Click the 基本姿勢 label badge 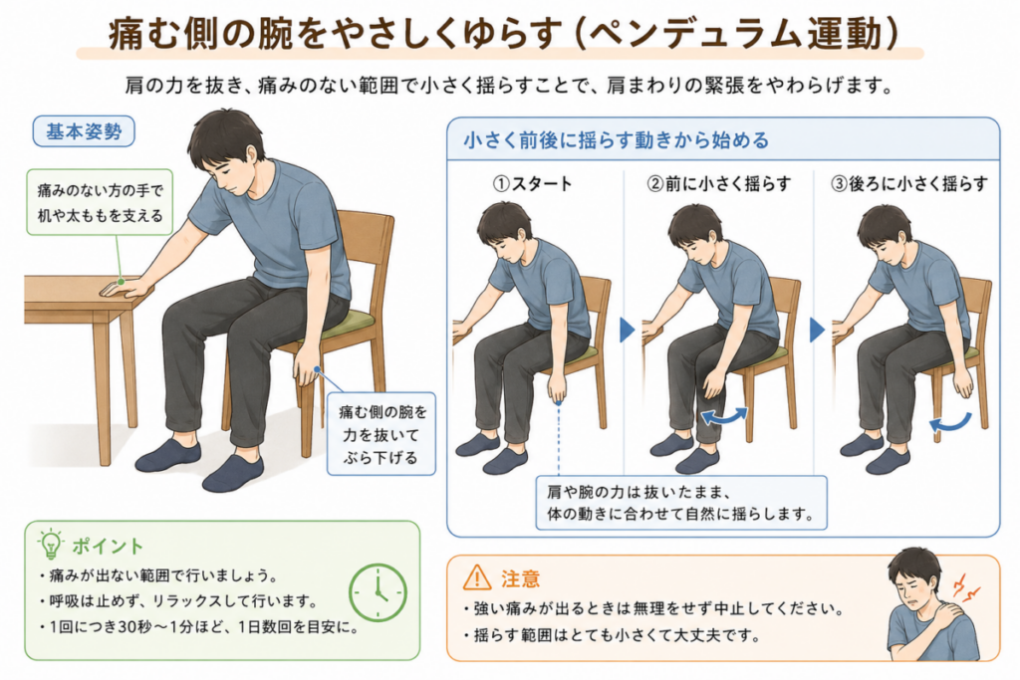(84, 131)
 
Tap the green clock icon (378, 592)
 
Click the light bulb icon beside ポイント (50, 545)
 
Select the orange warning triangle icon (477, 577)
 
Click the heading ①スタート (532, 184)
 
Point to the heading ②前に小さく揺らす (718, 184)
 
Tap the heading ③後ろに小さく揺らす (909, 184)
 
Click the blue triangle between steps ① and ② (627, 330)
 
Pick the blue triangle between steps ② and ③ (817, 330)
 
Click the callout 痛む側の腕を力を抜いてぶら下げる (381, 434)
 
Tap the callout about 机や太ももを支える (100, 203)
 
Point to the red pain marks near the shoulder (965, 586)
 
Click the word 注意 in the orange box (520, 577)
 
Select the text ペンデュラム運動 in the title (738, 33)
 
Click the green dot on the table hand (121, 282)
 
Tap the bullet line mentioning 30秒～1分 (198, 627)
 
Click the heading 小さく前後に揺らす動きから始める (616, 140)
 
